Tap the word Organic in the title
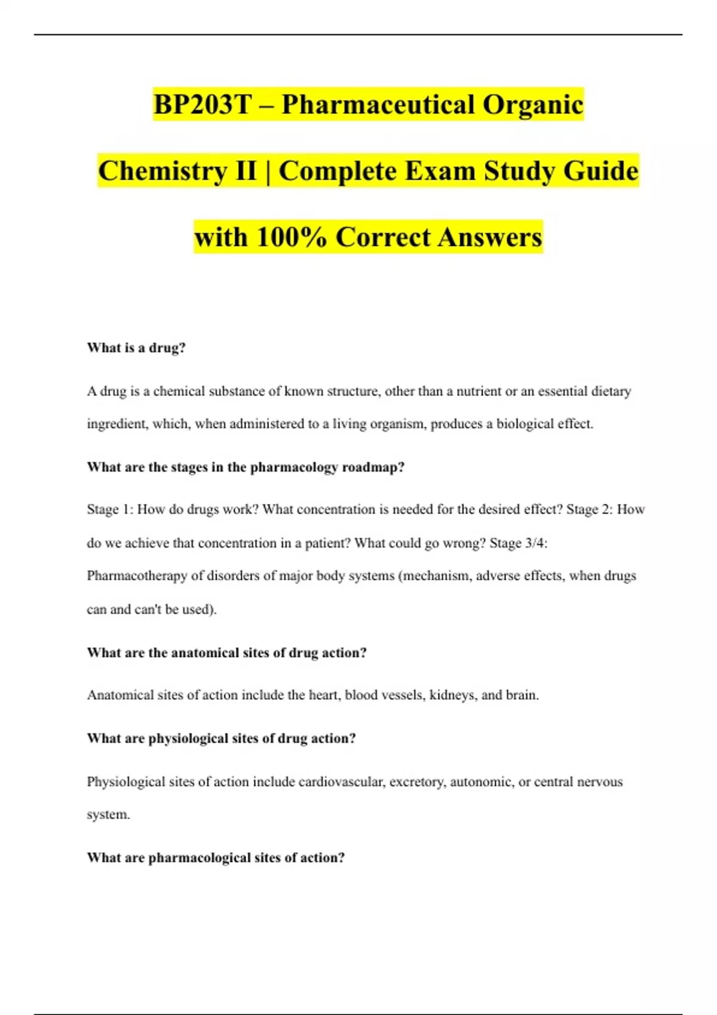coord(532,105)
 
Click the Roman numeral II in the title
coord(245,171)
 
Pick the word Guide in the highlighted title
coord(601,171)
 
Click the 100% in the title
coord(292,238)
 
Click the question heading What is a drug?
coord(136,348)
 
